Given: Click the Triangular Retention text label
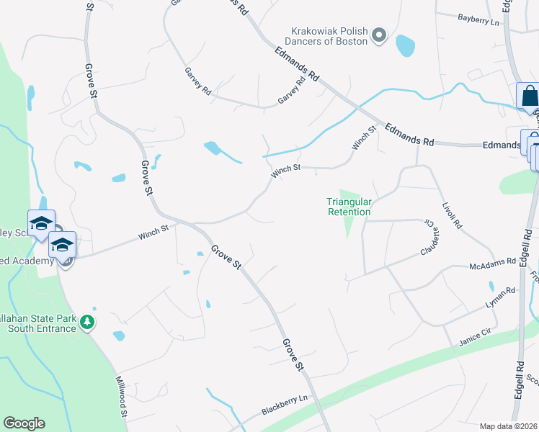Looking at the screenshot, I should click(x=349, y=207).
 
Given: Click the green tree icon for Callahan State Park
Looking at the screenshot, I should click(x=86, y=320).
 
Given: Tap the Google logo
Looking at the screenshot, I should click(x=24, y=423).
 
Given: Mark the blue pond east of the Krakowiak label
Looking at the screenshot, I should click(x=406, y=45).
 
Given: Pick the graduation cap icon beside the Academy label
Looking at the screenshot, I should click(x=63, y=246).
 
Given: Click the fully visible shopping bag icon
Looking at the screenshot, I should click(x=528, y=96).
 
